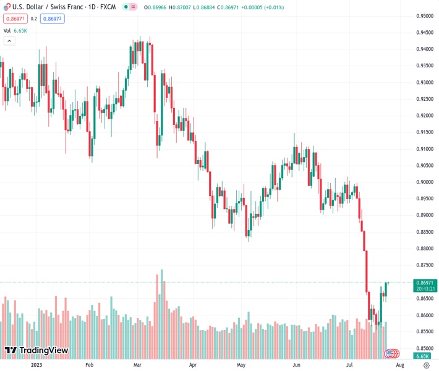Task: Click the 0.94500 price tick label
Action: click(x=424, y=33)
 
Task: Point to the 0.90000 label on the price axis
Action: click(x=424, y=182)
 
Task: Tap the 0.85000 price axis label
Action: click(x=424, y=348)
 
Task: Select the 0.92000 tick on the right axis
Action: click(x=424, y=116)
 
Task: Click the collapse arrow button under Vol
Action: click(x=9, y=41)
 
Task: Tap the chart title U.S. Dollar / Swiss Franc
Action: click(x=49, y=7)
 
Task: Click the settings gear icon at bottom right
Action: click(x=426, y=365)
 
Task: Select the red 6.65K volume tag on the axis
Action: click(x=424, y=356)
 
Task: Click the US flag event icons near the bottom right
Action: click(x=391, y=353)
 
